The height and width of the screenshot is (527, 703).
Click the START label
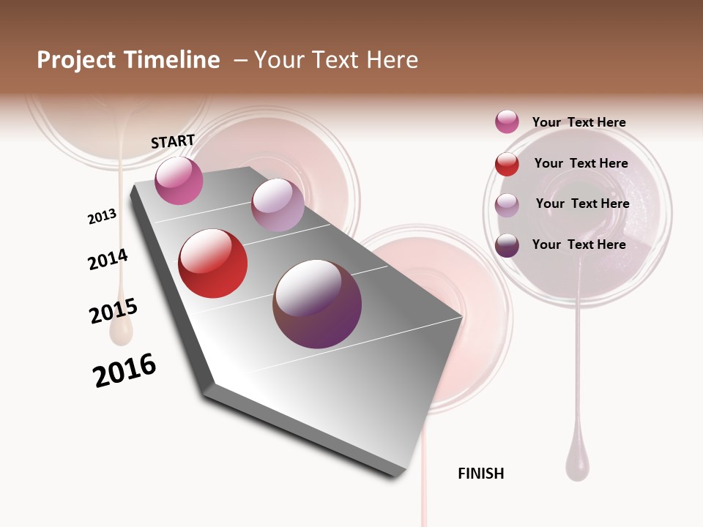pos(173,141)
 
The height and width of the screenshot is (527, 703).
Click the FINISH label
pos(481,474)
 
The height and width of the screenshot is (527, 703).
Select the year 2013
pos(102,217)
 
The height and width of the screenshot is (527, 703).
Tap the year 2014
pos(108,260)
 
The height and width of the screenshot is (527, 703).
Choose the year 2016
pos(124,370)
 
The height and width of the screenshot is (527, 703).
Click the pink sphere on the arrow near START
pos(179,181)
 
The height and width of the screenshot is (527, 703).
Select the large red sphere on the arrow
pos(213,263)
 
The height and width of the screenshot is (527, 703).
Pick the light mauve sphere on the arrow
pos(278,205)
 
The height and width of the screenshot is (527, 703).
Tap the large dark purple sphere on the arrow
pos(317,304)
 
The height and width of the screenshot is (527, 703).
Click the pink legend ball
pos(507,122)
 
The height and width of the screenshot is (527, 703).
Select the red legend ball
pos(507,164)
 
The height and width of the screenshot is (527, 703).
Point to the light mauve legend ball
pos(507,205)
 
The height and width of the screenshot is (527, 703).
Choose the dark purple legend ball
pos(507,245)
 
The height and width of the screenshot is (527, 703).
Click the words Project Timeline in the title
pos(128,60)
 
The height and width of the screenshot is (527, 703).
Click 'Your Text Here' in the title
pos(335,60)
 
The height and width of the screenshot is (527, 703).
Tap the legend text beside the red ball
pos(581,163)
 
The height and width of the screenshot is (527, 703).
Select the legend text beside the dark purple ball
pos(579,244)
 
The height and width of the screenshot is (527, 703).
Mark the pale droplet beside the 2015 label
pos(122,332)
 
